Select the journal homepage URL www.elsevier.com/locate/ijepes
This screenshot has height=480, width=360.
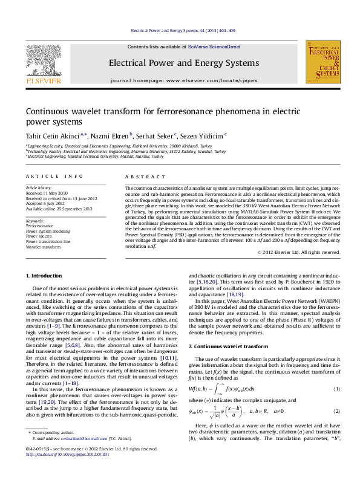point(203,80)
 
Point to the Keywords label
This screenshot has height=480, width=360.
point(35,221)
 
